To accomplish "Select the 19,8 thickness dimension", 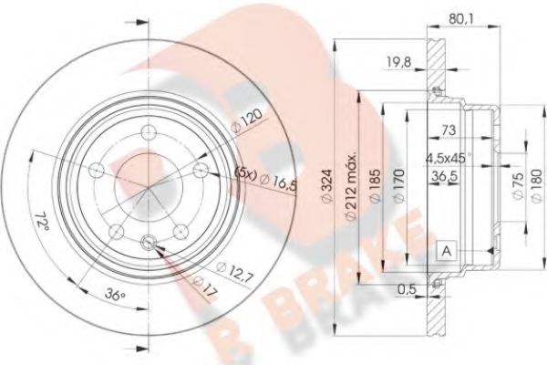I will click(393, 63).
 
